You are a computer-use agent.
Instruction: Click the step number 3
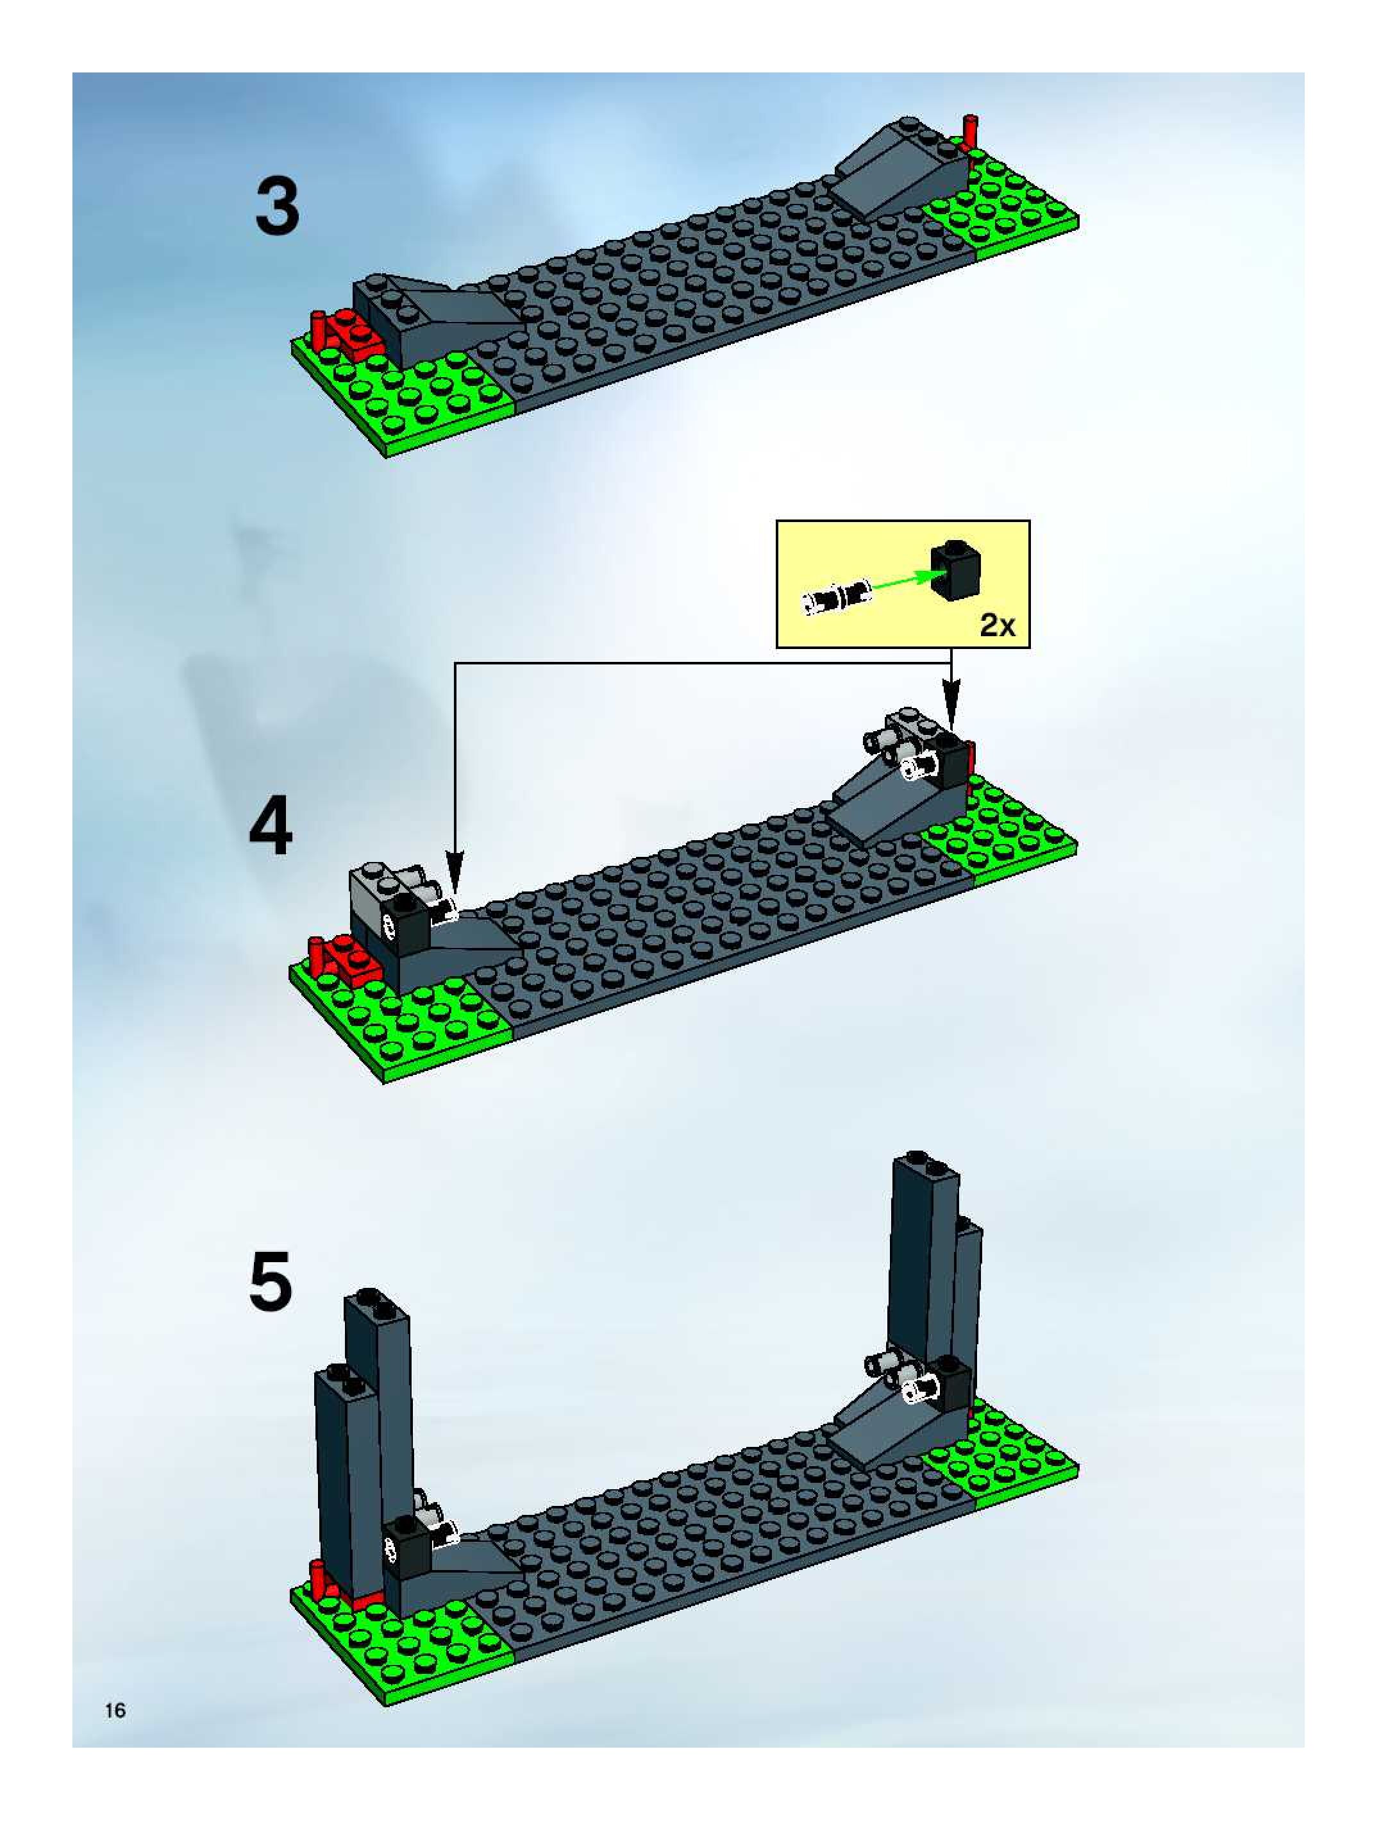(x=277, y=207)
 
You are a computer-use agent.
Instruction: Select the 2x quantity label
(x=998, y=626)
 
